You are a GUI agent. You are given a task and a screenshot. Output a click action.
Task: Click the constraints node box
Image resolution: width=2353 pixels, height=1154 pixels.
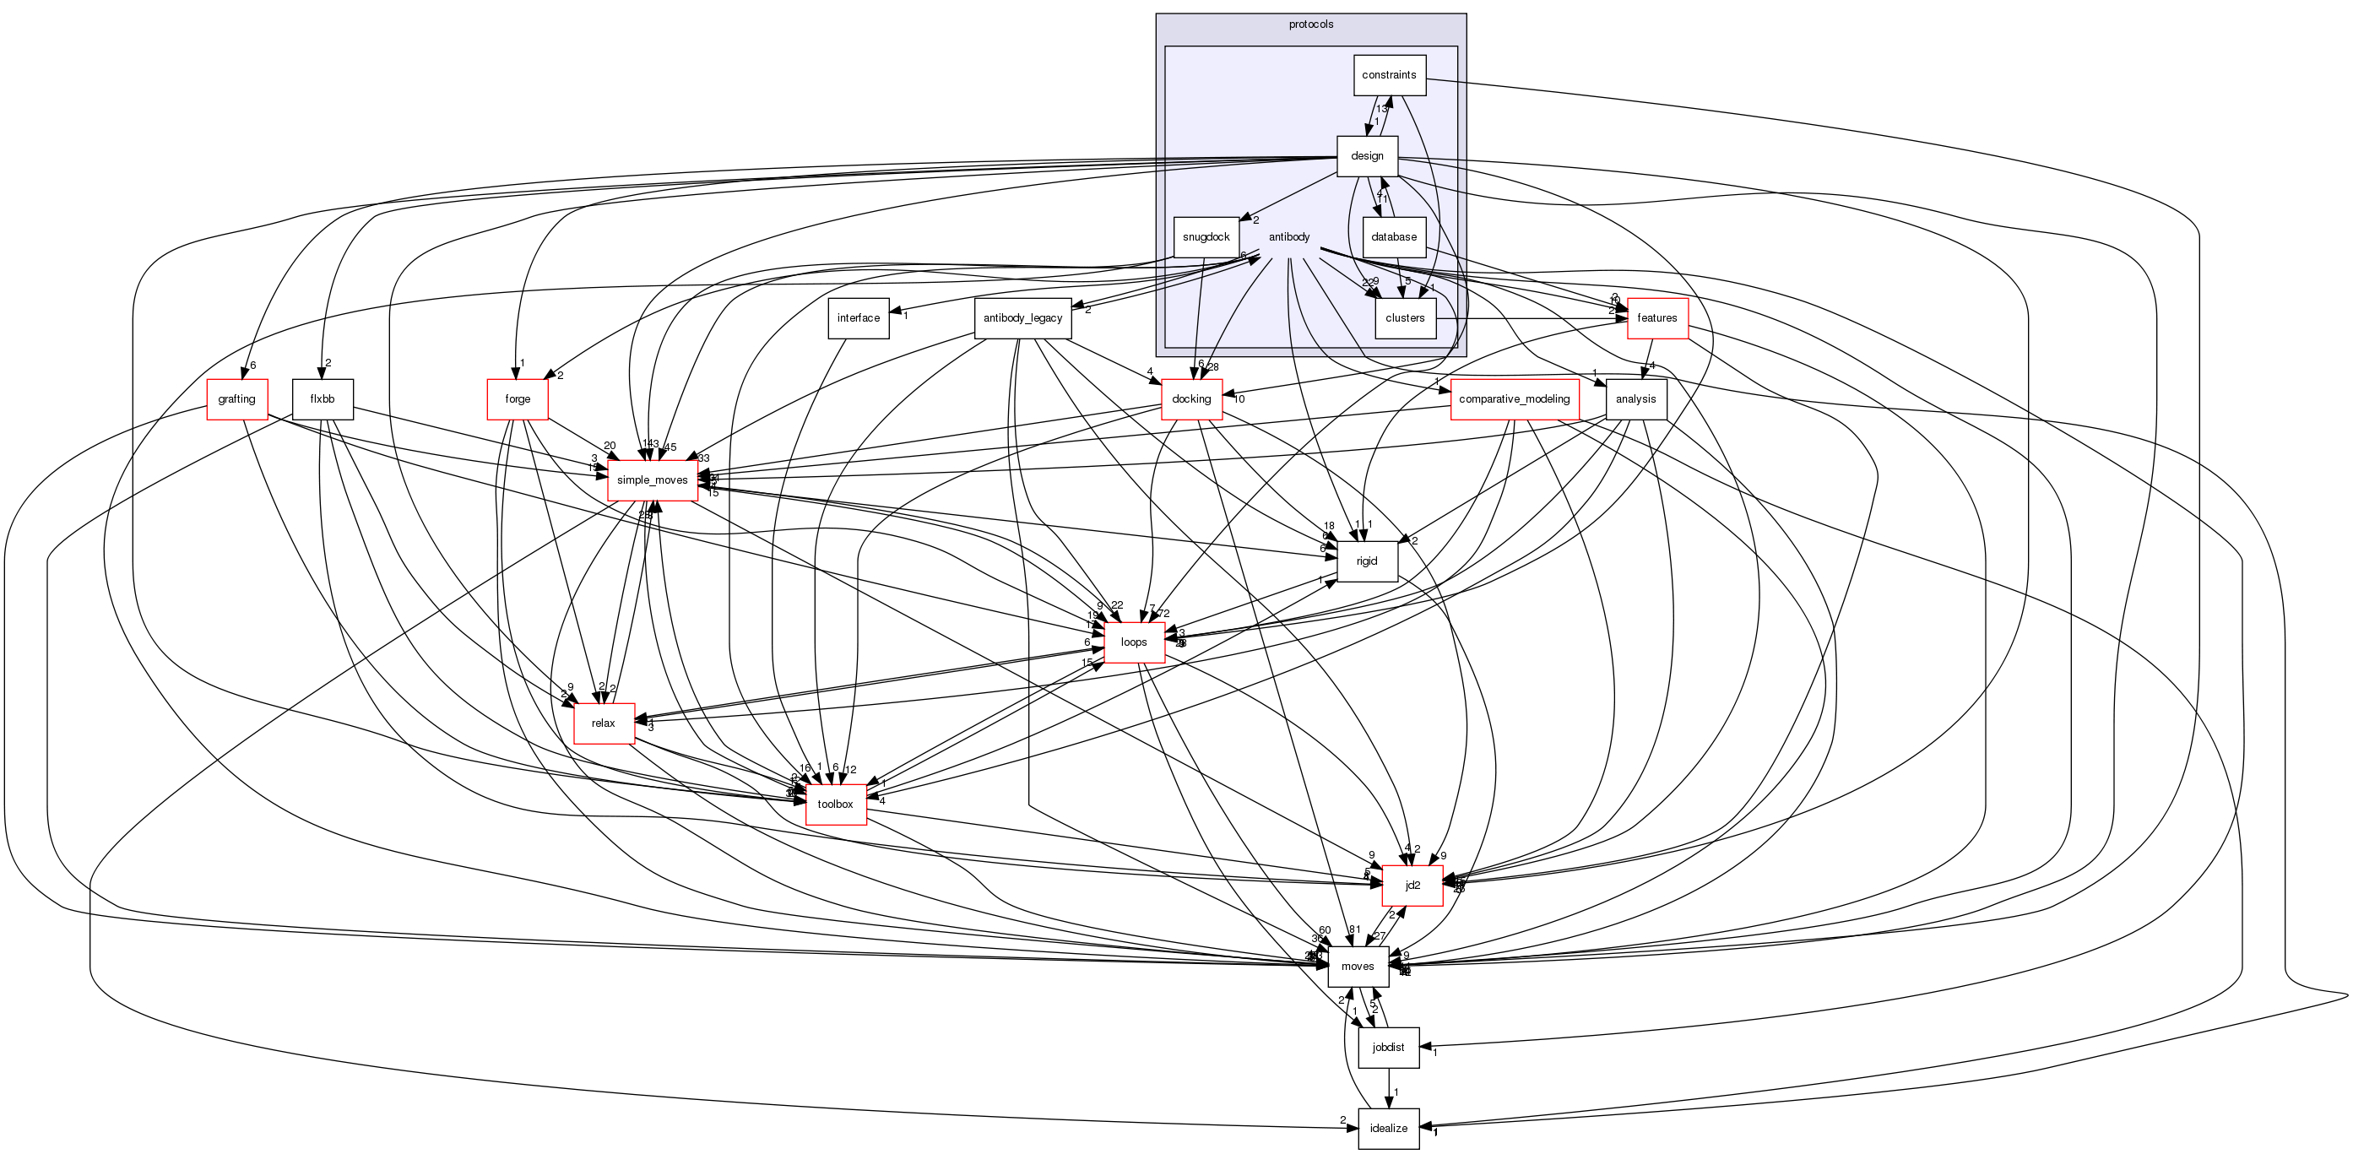(x=1389, y=75)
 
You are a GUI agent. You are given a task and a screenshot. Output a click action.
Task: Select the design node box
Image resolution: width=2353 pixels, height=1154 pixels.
(x=1367, y=156)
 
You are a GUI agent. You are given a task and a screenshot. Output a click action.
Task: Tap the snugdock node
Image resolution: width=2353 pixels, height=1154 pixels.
(x=1206, y=237)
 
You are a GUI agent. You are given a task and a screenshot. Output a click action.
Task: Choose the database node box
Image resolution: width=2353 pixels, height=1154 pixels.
(x=1394, y=237)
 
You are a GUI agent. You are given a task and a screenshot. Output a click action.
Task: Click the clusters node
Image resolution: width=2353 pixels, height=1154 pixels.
(x=1405, y=318)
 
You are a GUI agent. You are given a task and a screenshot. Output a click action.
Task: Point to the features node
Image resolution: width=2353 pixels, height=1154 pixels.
(x=1657, y=318)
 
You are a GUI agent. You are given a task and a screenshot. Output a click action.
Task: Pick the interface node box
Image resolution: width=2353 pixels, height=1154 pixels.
(x=858, y=318)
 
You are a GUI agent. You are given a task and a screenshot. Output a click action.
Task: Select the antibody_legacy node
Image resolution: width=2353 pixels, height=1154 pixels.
(x=1022, y=318)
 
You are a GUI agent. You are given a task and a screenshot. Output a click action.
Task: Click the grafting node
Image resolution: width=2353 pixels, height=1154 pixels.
(x=236, y=400)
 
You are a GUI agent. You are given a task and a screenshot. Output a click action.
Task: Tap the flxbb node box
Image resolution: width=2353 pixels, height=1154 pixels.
(x=323, y=400)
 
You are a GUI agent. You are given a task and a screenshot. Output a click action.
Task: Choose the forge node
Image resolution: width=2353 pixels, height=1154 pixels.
(x=518, y=400)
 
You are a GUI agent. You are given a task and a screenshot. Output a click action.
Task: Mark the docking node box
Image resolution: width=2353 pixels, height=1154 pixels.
(x=1191, y=400)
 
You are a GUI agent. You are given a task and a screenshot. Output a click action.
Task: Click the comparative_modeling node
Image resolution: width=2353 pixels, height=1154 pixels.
(x=1515, y=400)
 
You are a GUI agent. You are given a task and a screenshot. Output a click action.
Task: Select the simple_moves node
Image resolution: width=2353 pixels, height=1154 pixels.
(x=652, y=480)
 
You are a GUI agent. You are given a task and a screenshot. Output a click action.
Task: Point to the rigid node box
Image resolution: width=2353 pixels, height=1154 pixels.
(x=1367, y=561)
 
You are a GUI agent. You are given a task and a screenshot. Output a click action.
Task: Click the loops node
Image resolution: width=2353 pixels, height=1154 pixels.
(x=1134, y=642)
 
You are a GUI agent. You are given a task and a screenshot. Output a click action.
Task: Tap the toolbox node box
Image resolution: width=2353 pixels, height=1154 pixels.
(x=835, y=805)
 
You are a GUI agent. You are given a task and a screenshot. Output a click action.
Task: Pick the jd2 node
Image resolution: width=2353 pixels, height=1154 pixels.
(x=1412, y=886)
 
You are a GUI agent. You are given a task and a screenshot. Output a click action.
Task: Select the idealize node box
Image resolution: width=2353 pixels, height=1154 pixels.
(x=1389, y=1129)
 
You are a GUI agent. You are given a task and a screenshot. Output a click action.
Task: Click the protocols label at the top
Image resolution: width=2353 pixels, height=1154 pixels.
(x=1311, y=24)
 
